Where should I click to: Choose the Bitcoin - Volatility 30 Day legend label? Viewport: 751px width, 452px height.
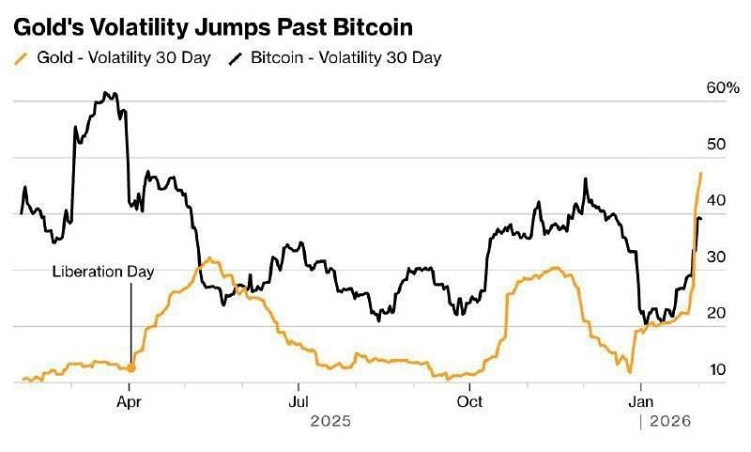[x=346, y=57]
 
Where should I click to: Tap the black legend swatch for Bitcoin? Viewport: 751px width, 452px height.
[x=235, y=57]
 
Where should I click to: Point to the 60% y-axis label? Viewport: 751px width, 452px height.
[x=723, y=87]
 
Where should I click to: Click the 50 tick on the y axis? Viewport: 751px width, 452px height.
[x=717, y=145]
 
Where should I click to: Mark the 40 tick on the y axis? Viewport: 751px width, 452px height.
[x=717, y=200]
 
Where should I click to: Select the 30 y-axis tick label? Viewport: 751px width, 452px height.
[x=717, y=257]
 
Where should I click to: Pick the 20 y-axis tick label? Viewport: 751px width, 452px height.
[x=717, y=313]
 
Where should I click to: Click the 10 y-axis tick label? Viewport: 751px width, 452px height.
[x=717, y=370]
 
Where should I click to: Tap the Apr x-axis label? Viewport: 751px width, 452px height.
[x=130, y=401]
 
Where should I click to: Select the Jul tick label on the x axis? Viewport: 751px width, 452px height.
[x=298, y=401]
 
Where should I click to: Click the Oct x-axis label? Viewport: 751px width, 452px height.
[x=469, y=401]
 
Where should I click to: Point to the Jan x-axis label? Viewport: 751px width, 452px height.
[x=641, y=401]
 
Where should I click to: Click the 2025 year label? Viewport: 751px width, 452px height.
[x=330, y=422]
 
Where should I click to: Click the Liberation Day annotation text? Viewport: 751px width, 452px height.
[x=102, y=273]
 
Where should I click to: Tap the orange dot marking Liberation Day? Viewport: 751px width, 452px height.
[x=130, y=367]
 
